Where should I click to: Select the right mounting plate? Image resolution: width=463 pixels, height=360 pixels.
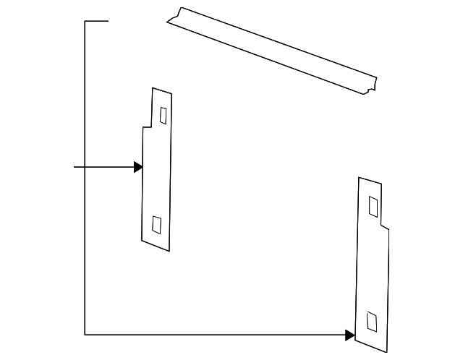click(x=373, y=275)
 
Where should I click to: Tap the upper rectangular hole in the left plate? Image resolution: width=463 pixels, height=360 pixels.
click(x=163, y=116)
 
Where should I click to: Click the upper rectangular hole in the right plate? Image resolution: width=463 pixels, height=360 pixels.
click(x=373, y=206)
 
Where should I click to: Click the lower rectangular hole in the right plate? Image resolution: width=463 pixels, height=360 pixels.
click(x=372, y=320)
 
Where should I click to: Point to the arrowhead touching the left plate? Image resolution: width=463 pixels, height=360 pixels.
click(x=138, y=168)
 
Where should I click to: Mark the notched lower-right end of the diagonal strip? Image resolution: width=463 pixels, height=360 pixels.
click(x=372, y=85)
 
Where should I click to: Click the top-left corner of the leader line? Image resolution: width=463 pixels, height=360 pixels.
click(x=85, y=22)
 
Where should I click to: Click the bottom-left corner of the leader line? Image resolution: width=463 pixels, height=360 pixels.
click(x=85, y=335)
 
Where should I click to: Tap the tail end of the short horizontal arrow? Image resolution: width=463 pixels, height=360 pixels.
click(x=75, y=168)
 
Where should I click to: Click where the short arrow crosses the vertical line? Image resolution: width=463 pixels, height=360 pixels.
click(x=85, y=168)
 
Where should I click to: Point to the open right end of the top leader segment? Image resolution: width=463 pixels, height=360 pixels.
click(x=108, y=22)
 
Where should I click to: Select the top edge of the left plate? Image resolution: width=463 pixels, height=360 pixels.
click(x=162, y=90)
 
